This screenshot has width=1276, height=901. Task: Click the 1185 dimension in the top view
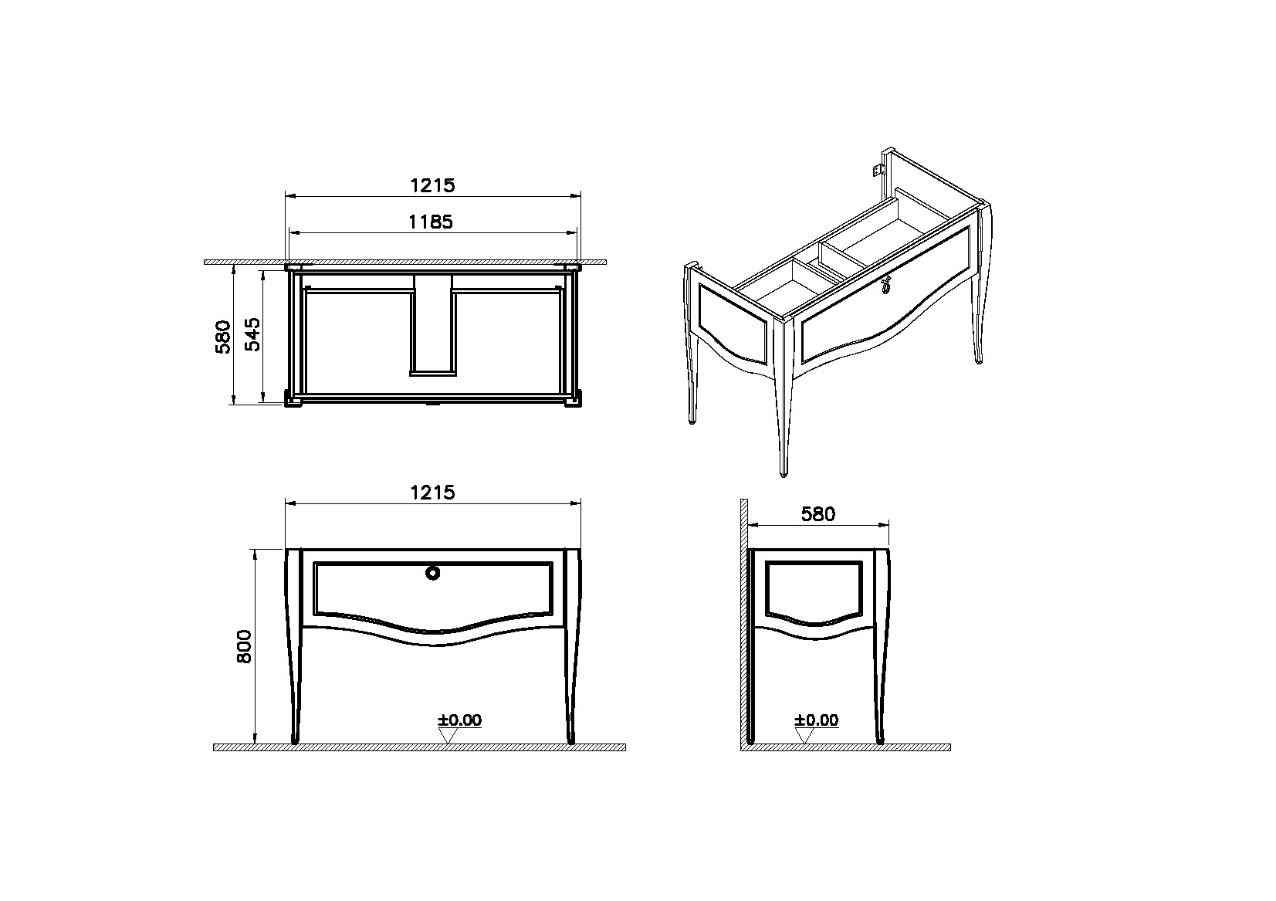pyautogui.click(x=431, y=222)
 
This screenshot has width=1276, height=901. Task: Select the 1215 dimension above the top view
pyautogui.click(x=433, y=185)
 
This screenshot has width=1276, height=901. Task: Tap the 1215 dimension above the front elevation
pyautogui.click(x=433, y=493)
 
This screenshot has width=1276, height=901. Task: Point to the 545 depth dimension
pyautogui.click(x=252, y=334)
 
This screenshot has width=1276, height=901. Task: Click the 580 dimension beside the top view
pyautogui.click(x=223, y=337)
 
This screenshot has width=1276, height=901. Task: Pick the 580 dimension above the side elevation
pyautogui.click(x=818, y=514)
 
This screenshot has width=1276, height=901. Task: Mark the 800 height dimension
pyautogui.click(x=244, y=646)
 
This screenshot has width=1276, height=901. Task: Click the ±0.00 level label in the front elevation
pyautogui.click(x=460, y=720)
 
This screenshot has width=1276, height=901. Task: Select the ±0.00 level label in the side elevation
pyautogui.click(x=816, y=720)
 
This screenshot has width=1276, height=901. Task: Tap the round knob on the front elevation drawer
pyautogui.click(x=433, y=573)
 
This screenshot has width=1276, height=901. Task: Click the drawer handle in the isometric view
pyautogui.click(x=886, y=284)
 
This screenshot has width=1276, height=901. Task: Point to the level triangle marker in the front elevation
pyautogui.click(x=448, y=736)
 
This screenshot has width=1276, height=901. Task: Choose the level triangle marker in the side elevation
pyautogui.click(x=804, y=736)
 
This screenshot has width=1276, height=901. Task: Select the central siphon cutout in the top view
pyautogui.click(x=433, y=325)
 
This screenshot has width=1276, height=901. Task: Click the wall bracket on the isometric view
pyautogui.click(x=879, y=169)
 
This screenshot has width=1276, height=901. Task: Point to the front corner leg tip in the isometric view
pyautogui.click(x=784, y=473)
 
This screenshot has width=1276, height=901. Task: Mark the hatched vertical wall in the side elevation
pyautogui.click(x=744, y=622)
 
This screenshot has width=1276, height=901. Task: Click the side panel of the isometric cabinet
pyautogui.click(x=733, y=323)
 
